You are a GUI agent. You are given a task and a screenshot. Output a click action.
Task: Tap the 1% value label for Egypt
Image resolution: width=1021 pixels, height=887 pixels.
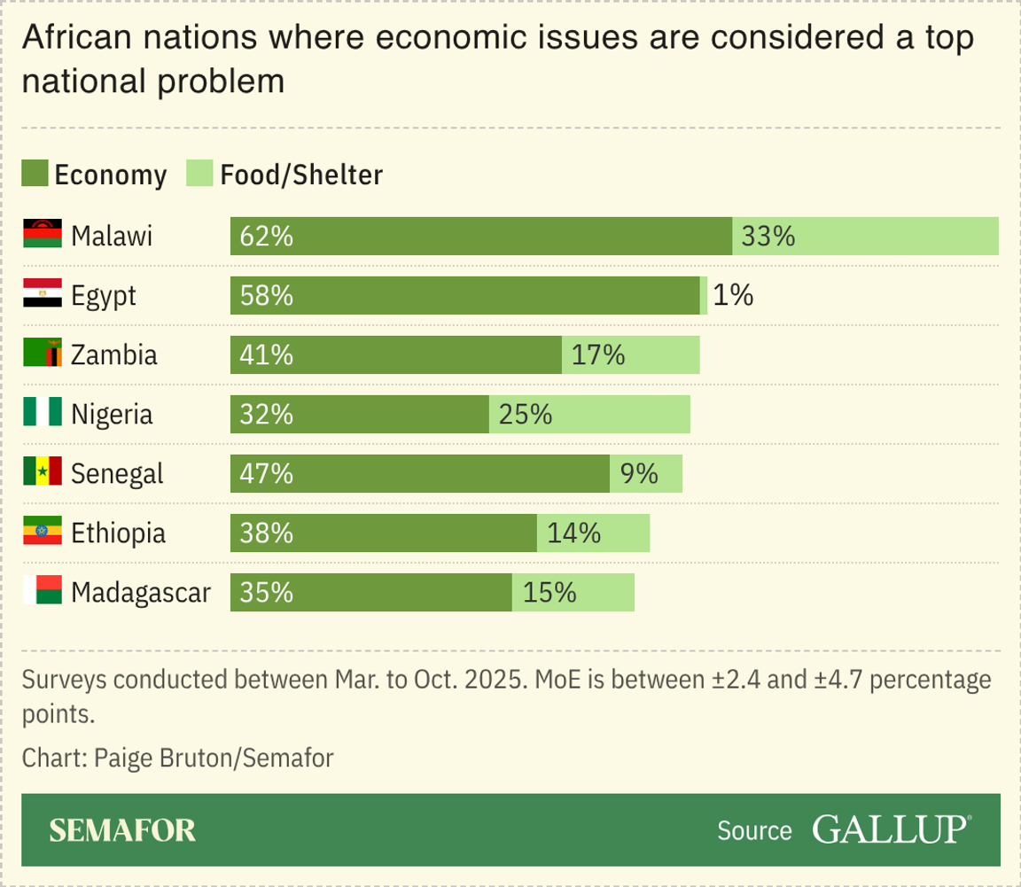pyautogui.click(x=733, y=295)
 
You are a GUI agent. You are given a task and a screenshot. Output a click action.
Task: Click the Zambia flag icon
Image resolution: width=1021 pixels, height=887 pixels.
pyautogui.click(x=42, y=354)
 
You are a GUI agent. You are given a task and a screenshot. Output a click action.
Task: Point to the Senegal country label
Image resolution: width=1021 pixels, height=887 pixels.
pyautogui.click(x=117, y=473)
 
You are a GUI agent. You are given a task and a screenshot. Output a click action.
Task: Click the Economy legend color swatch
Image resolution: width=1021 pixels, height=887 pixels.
pyautogui.click(x=35, y=175)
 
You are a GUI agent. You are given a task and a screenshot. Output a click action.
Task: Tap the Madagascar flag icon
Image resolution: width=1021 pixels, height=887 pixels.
pyautogui.click(x=42, y=590)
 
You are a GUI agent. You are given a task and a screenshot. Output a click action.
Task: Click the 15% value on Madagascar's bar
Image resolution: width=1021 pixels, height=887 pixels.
pyautogui.click(x=549, y=592)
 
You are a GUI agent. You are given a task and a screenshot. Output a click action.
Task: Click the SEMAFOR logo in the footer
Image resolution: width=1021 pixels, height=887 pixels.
pyautogui.click(x=122, y=830)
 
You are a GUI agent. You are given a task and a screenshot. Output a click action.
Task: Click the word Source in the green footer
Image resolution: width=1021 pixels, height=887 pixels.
pyautogui.click(x=754, y=830)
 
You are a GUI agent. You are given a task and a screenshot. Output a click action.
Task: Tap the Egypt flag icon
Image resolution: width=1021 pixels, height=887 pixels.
pyautogui.click(x=42, y=294)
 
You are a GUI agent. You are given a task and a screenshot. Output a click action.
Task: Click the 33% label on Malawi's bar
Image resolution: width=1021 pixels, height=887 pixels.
pyautogui.click(x=768, y=237)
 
